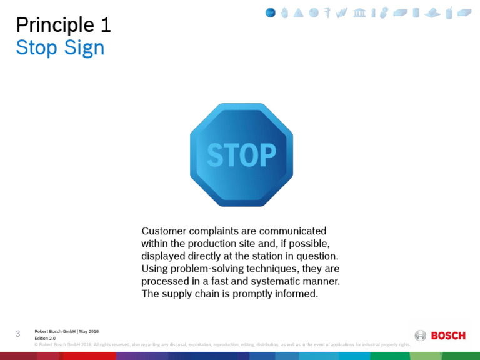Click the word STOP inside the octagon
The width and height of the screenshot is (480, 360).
[241, 154]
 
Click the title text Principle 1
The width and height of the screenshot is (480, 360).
[63, 25]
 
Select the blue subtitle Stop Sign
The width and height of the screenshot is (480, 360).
[60, 47]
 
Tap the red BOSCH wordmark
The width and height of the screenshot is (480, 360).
[448, 336]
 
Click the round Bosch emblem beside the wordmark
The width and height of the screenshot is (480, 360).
[421, 336]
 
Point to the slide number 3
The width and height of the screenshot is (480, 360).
[18, 334]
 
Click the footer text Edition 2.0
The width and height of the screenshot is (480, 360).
[45, 338]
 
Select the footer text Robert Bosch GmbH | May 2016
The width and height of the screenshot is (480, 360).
[66, 331]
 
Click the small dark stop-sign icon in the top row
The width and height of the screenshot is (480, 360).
[270, 12]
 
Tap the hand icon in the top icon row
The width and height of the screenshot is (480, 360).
[284, 12]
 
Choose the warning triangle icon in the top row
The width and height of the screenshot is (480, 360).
[299, 12]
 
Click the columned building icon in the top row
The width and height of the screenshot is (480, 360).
[359, 12]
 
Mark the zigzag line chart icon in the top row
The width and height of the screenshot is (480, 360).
[341, 12]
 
